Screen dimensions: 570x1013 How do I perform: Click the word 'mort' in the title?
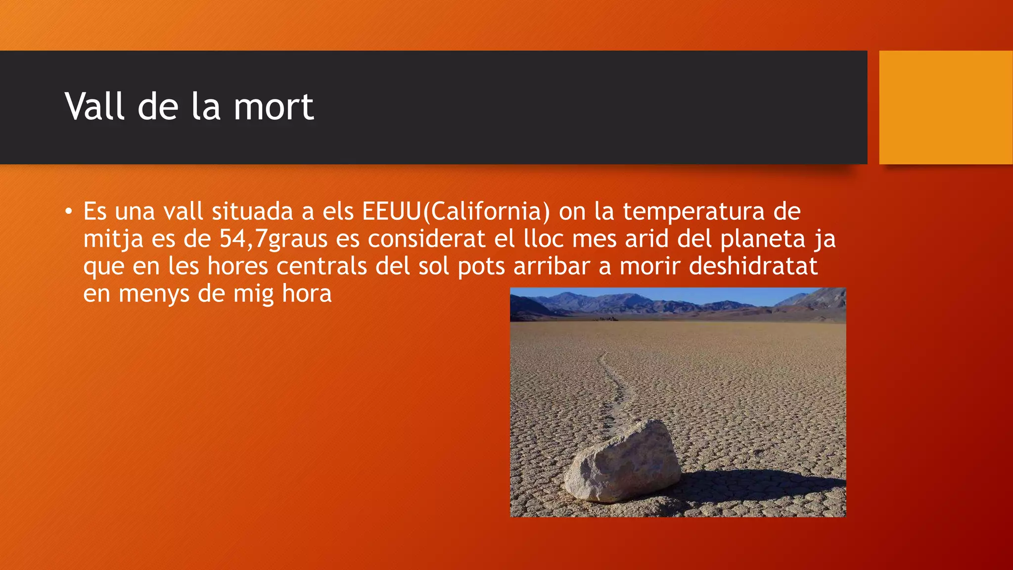[x=273, y=107]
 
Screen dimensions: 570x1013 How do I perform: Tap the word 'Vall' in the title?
[x=94, y=107]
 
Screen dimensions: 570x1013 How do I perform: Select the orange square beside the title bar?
[x=946, y=107]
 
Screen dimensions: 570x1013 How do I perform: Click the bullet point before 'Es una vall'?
[x=68, y=212]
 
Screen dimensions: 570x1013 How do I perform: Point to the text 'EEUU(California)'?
[x=456, y=212]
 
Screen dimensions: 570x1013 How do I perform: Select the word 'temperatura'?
[x=693, y=212]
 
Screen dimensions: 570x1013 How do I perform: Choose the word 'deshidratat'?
[x=753, y=266]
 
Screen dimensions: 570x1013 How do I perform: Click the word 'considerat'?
[x=426, y=239]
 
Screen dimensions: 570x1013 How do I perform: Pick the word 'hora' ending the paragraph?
[x=307, y=293]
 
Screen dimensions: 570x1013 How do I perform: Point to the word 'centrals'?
[x=322, y=266]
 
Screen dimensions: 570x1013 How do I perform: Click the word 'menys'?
[x=154, y=293]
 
